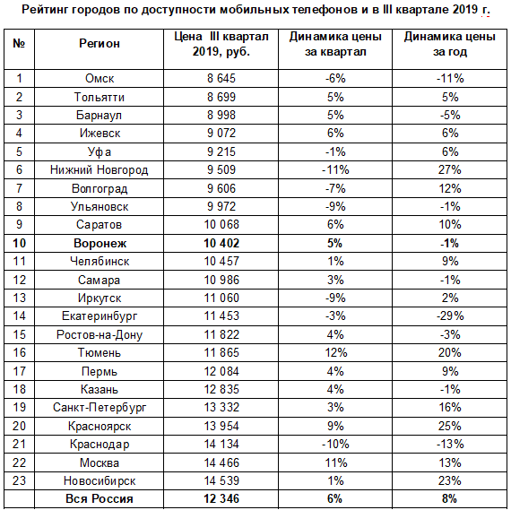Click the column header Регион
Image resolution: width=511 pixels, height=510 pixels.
(x=100, y=44)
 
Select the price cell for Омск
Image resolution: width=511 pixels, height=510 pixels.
(x=221, y=79)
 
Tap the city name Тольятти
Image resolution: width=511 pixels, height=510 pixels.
(x=100, y=97)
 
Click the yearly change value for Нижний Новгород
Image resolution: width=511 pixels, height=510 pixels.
(x=450, y=169)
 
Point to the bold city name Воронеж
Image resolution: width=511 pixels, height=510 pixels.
(x=100, y=244)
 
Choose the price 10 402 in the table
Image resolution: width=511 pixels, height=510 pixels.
(x=221, y=244)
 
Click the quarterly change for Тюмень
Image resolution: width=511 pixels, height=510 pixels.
(x=335, y=352)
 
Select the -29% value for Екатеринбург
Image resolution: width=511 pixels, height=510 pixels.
(x=450, y=316)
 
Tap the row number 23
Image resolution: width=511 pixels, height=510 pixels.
(x=19, y=480)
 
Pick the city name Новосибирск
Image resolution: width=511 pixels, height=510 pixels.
(x=100, y=481)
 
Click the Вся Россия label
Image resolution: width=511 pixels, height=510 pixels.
(x=100, y=499)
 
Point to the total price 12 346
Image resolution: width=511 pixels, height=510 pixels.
(x=221, y=499)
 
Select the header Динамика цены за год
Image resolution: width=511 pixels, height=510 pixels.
(x=450, y=44)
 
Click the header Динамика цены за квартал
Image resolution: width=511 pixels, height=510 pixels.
(x=335, y=44)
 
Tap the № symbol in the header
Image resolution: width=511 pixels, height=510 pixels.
(x=19, y=43)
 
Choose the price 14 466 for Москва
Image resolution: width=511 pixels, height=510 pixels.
(x=221, y=462)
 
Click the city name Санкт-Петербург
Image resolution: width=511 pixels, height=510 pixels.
(x=100, y=408)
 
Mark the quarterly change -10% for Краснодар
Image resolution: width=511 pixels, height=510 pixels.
(x=335, y=445)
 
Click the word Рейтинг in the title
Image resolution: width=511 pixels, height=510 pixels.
(x=45, y=10)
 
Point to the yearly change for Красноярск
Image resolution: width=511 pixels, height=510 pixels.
(x=450, y=427)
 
